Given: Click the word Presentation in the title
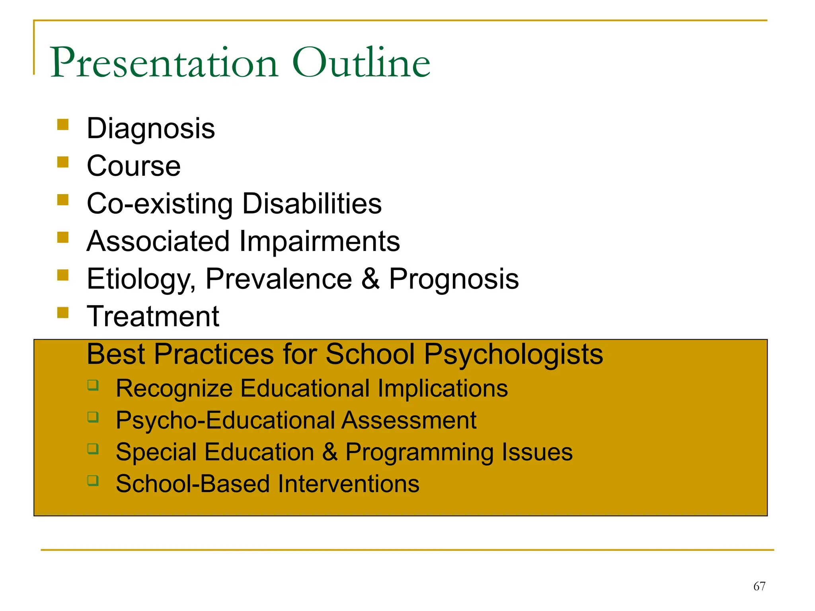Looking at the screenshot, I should pyautogui.click(x=164, y=63).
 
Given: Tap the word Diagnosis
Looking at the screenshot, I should pyautogui.click(x=151, y=129).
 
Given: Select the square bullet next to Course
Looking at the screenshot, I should pyautogui.click(x=63, y=162).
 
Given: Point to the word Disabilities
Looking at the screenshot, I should pyautogui.click(x=312, y=204).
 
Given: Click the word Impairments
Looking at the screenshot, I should pyautogui.click(x=319, y=241).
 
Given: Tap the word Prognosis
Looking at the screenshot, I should pyautogui.click(x=454, y=279).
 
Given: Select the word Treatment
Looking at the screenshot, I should pyautogui.click(x=153, y=317).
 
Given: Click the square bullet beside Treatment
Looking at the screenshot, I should pyautogui.click(x=63, y=312).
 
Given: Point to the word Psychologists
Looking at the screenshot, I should pyautogui.click(x=513, y=354).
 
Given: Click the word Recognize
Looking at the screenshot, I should pyautogui.click(x=174, y=389).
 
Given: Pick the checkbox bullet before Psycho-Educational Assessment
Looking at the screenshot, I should pyautogui.click(x=93, y=417).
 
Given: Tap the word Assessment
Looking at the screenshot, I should pyautogui.click(x=409, y=420).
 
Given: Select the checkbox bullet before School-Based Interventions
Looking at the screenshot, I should pyautogui.click(x=93, y=481).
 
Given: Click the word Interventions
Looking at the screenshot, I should pyautogui.click(x=348, y=484).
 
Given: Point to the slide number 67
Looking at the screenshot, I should pyautogui.click(x=759, y=586).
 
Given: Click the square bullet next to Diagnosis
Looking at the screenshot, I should pyautogui.click(x=63, y=125).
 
